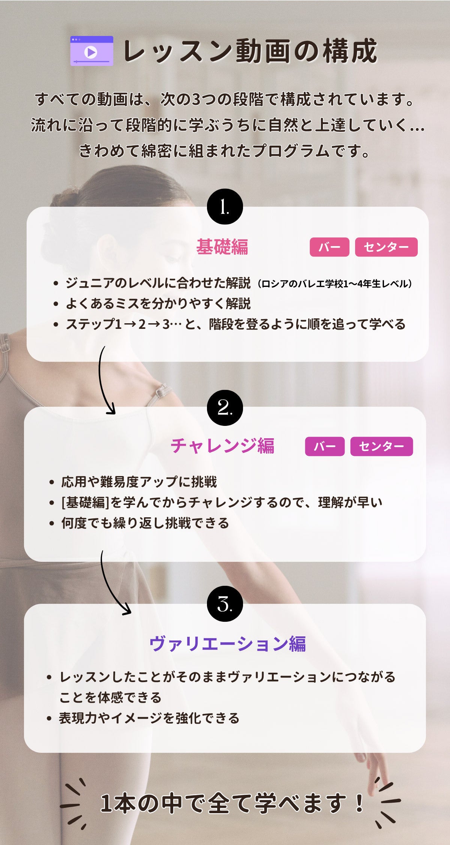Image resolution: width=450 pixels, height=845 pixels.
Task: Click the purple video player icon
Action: [x=92, y=51]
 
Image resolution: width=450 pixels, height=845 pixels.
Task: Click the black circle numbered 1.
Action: [x=225, y=207]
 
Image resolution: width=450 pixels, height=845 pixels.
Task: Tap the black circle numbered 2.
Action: [x=225, y=408]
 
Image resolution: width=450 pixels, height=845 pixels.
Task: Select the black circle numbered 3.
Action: [x=225, y=604]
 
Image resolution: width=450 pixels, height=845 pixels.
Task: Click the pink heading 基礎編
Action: [x=222, y=247]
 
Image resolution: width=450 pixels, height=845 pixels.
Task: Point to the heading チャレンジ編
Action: [x=222, y=446]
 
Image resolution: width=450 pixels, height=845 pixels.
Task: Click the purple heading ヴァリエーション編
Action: [x=228, y=644]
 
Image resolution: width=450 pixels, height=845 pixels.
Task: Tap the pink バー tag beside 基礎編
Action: [x=330, y=247]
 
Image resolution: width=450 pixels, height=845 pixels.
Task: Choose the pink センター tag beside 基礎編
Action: [x=386, y=247]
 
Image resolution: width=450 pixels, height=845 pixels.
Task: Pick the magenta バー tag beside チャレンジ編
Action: [x=325, y=446]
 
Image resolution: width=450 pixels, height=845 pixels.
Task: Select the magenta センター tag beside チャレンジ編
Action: [x=382, y=446]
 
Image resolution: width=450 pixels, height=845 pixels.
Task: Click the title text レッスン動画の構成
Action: [x=250, y=51]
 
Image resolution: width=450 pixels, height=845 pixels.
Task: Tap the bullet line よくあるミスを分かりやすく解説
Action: [x=158, y=304]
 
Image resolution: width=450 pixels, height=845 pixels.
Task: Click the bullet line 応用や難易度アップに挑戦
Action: [x=139, y=482]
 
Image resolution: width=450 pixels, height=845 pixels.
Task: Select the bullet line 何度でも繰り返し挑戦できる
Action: [x=145, y=523]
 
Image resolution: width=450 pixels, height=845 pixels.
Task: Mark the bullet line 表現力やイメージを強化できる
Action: [x=149, y=718]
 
